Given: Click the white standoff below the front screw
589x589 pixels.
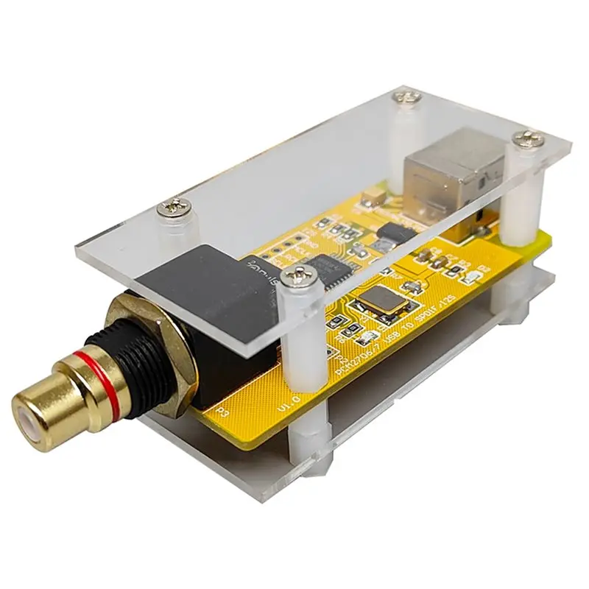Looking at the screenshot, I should click(301, 346).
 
